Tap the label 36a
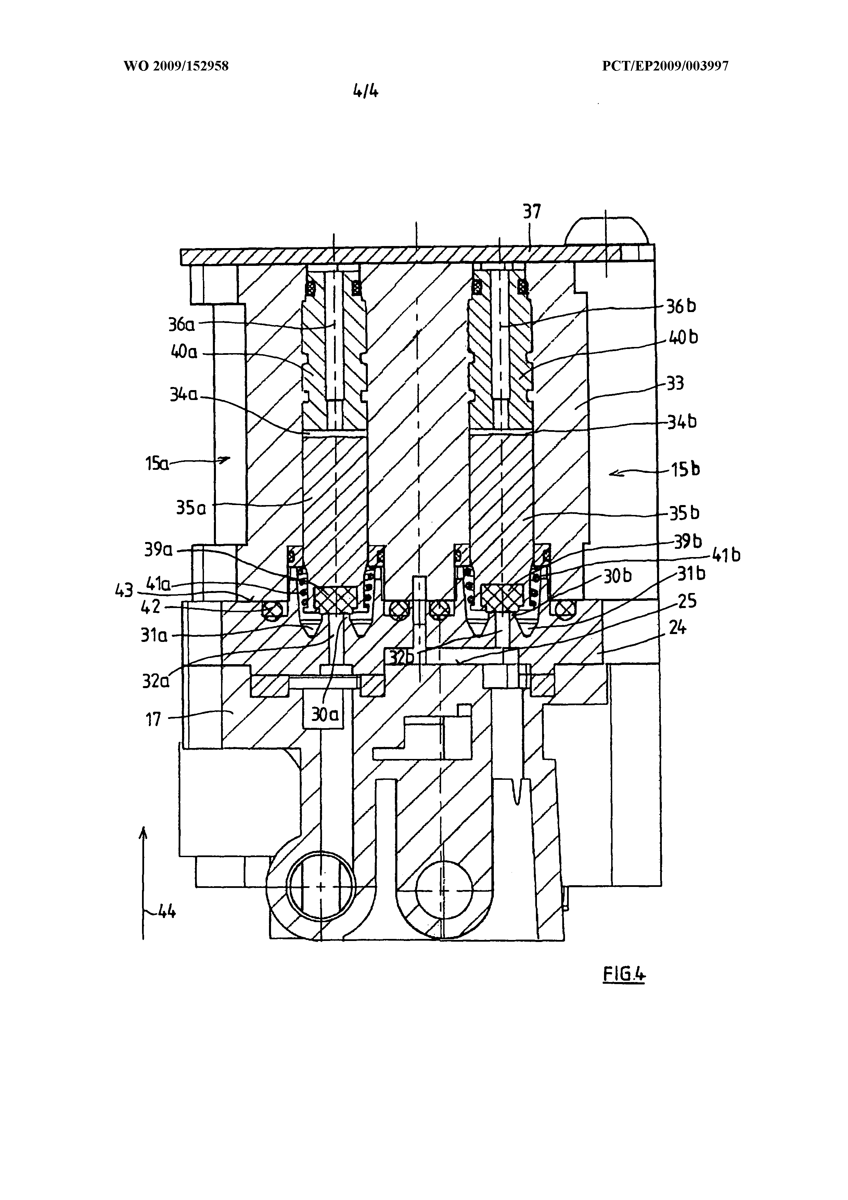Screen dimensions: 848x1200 (181, 325)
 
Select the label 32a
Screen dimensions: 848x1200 (156, 681)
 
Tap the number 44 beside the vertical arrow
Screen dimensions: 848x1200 (166, 912)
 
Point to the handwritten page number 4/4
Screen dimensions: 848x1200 (365, 91)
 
